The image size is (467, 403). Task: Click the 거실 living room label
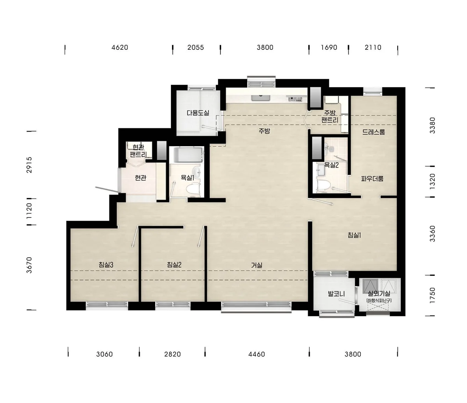[x=257, y=265]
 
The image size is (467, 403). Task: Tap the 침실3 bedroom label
[x=106, y=265]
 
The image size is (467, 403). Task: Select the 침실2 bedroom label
[x=174, y=265]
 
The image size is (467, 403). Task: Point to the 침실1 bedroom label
[x=354, y=235]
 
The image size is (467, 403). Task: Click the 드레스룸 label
[x=374, y=132]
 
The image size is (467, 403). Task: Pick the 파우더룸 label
[x=372, y=179]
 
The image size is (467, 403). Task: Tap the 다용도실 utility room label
[x=198, y=113]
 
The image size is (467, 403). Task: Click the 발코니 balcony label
[x=336, y=294]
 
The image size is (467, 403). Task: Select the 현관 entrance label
[x=140, y=178]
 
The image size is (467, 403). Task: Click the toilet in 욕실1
[x=193, y=189]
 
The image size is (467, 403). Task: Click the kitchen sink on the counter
[x=261, y=98]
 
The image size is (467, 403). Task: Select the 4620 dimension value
[x=120, y=47]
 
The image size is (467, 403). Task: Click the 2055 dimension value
[x=196, y=47]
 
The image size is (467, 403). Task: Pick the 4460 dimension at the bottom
[x=257, y=354]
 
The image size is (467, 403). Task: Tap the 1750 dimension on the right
[x=432, y=296]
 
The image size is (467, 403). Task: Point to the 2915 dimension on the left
[x=29, y=165]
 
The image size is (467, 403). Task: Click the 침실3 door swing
[x=135, y=237]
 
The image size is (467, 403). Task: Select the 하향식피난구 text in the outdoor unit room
[x=379, y=301]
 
